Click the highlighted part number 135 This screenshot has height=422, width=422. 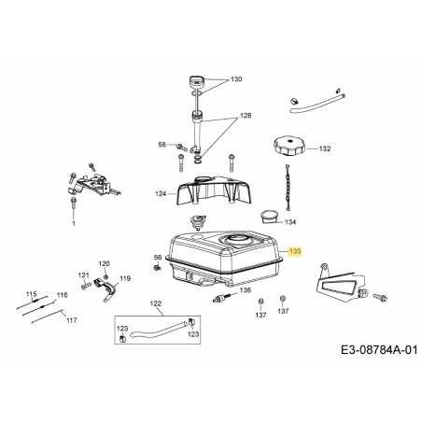295,251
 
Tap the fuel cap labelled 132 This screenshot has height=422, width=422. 289,146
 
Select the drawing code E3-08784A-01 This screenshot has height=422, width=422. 379,350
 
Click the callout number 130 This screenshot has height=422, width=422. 236,79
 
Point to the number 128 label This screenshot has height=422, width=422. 246,116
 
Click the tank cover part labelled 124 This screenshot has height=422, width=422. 214,190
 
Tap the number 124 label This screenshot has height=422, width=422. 161,194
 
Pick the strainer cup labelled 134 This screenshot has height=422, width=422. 269,217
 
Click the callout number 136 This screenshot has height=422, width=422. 246,290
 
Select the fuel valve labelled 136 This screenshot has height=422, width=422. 221,298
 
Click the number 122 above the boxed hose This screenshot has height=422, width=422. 156,303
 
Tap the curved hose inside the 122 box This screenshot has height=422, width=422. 159,331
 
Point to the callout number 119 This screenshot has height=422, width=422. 125,278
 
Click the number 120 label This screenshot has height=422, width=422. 104,263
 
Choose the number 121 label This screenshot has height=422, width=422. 83,274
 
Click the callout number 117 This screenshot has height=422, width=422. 72,320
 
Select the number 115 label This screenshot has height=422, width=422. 31,294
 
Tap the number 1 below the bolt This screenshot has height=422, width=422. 74,223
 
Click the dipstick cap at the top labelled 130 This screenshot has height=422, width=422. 196,82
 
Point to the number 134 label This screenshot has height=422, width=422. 290,222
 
